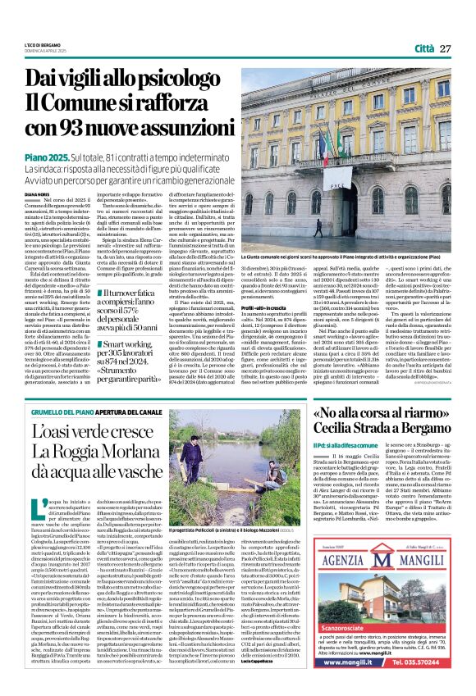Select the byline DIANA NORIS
pyautogui.click(x=38, y=193)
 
